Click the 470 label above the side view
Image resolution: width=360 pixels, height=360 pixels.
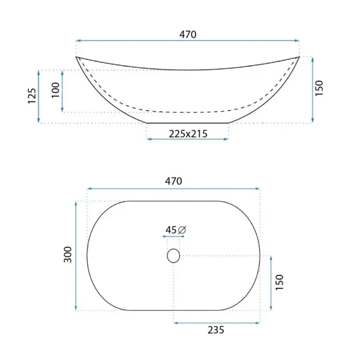coord(188,34)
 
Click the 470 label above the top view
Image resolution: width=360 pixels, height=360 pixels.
coord(173,181)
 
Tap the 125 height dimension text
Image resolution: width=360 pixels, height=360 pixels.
coord(32,96)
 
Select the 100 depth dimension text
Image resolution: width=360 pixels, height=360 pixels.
coord(55,90)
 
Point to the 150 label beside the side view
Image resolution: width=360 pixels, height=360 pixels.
coord(319,88)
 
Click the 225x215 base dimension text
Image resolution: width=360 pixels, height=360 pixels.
coord(188,134)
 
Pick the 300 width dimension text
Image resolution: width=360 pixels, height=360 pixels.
coord(68,254)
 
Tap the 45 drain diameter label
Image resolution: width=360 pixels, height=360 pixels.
coord(171,230)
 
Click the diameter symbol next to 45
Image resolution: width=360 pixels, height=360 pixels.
coord(182,230)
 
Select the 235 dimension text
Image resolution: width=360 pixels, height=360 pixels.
coord(216,330)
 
